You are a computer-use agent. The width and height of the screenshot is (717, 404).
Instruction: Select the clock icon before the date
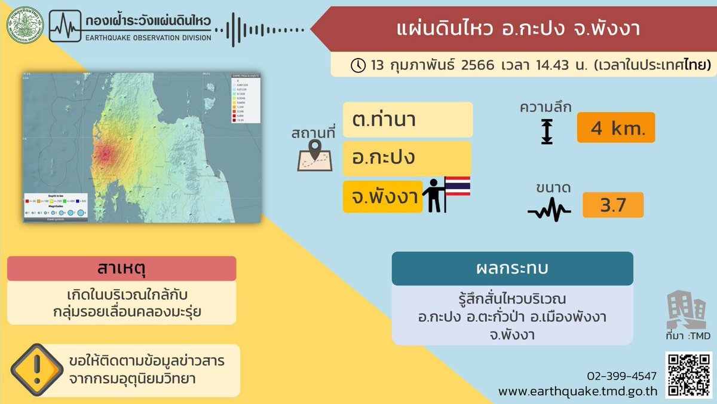pyautogui.click(x=358, y=65)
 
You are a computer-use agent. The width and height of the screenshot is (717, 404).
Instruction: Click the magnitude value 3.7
pyautogui.click(x=612, y=205)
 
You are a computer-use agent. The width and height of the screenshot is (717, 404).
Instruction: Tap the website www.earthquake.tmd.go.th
pyautogui.click(x=578, y=391)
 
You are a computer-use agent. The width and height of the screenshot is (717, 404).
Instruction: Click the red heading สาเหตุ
pyautogui.click(x=122, y=269)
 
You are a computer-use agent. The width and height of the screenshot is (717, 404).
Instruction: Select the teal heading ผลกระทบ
pyautogui.click(x=512, y=268)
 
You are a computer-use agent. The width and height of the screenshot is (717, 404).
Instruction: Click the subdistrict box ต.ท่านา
pyautogui.click(x=407, y=120)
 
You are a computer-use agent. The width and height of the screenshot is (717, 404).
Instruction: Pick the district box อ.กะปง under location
pyautogui.click(x=407, y=159)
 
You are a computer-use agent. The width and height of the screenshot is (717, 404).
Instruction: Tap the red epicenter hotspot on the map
pyautogui.click(x=105, y=155)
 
